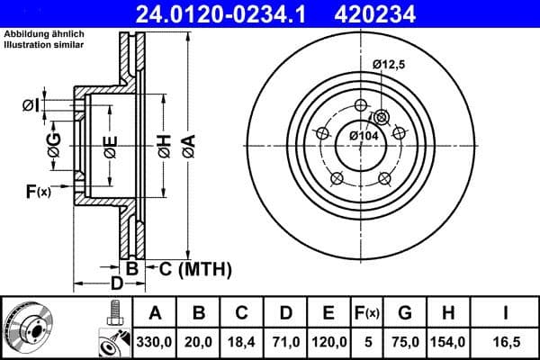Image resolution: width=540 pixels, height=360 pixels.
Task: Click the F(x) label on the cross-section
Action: tap(39, 190)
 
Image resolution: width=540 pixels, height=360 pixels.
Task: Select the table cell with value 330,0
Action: tap(155, 341)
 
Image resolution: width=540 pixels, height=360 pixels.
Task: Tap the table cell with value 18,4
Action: tap(241, 341)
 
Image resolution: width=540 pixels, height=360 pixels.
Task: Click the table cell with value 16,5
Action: tap(508, 341)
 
